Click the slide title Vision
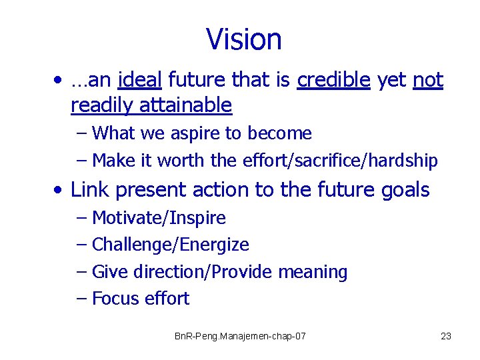click(x=244, y=39)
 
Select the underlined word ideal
click(x=139, y=81)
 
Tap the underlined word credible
click(x=334, y=81)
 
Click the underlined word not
click(x=428, y=81)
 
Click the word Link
click(x=89, y=190)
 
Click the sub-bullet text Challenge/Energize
click(x=170, y=245)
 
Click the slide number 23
click(x=446, y=336)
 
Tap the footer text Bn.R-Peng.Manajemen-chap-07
click(x=240, y=336)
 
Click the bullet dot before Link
click(x=60, y=191)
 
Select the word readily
click(x=101, y=105)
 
